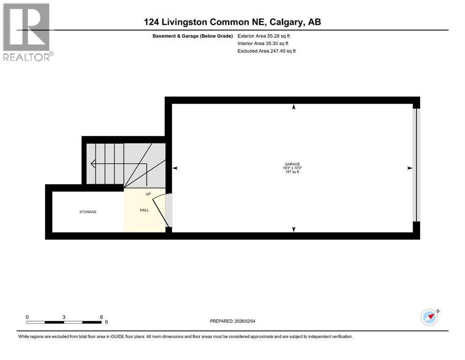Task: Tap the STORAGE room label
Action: point(88,212)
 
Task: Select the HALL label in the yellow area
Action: point(144,210)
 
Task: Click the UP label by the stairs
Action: point(148,194)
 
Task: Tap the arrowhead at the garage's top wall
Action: point(294,107)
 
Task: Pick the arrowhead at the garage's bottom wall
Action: point(294,229)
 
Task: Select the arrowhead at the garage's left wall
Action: point(175,168)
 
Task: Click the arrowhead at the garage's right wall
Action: point(409,168)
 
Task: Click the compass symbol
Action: point(429,317)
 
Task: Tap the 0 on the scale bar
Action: point(27,317)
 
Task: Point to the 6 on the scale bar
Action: point(102,317)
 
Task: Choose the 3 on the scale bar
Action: point(64,317)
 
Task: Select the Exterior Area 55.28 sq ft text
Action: point(267,36)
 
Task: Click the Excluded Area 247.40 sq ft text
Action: point(267,51)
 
